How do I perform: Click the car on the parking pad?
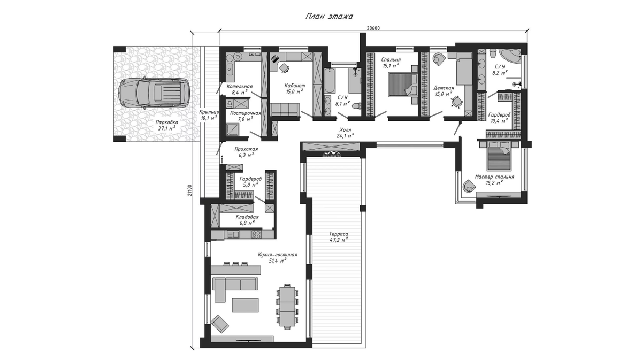[154, 93]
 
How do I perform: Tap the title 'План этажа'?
[329, 17]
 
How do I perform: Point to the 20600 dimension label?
[373, 28]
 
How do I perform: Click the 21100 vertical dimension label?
[190, 190]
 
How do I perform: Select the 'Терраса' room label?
[339, 234]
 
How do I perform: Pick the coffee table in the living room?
[246, 305]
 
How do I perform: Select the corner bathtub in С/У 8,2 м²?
[511, 57]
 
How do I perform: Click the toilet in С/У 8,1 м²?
[356, 106]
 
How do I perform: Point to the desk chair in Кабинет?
[284, 67]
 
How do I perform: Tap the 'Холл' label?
[345, 130]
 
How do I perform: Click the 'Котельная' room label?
[240, 86]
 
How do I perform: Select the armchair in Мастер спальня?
[469, 186]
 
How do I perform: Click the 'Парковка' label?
[166, 122]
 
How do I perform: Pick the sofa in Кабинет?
[285, 110]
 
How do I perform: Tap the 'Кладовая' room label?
[247, 217]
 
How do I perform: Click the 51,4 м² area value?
[278, 261]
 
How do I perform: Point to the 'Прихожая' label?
[246, 149]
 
